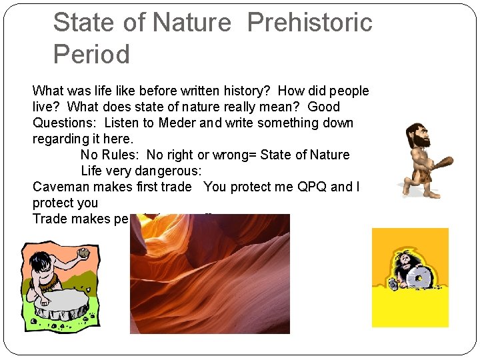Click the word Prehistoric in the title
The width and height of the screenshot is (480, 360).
click(x=309, y=23)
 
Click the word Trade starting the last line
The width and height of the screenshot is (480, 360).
click(x=51, y=219)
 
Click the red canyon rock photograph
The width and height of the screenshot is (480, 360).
click(x=209, y=273)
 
